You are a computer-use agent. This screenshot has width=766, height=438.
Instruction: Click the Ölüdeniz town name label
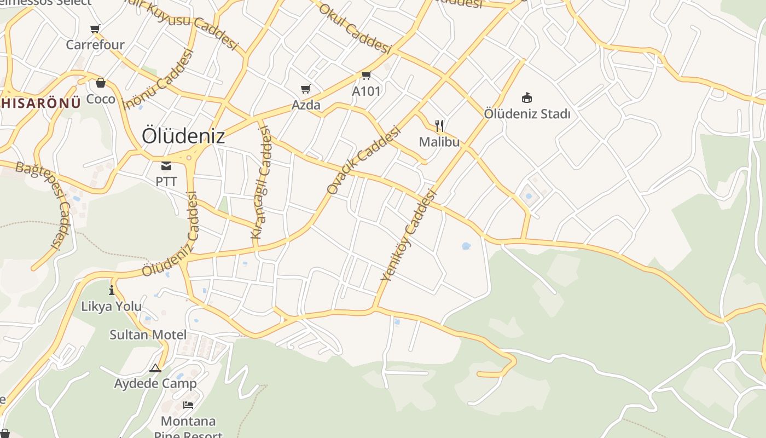183,136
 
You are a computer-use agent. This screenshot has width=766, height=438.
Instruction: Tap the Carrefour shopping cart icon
95,29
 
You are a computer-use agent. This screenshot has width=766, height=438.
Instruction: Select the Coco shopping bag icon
101,83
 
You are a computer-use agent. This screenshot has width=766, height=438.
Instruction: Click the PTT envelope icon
166,165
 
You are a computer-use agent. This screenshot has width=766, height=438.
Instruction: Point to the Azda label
306,105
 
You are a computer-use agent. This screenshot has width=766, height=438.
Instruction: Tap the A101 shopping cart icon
366,75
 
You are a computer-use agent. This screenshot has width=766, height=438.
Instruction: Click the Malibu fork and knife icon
439,126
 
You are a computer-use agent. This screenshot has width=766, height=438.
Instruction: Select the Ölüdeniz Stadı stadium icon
527,98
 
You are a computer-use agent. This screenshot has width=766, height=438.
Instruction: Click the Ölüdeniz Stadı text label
527,114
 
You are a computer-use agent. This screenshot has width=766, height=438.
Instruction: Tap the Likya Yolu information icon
112,290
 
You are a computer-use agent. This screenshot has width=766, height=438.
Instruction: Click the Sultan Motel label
148,335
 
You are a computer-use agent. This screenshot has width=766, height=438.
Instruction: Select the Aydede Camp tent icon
155,368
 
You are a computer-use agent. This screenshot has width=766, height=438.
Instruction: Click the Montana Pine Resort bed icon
188,405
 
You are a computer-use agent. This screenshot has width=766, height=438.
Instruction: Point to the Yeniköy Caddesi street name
409,235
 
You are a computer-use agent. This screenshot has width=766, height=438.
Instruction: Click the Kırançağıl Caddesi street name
261,183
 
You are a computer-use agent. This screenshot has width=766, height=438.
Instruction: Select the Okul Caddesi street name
355,29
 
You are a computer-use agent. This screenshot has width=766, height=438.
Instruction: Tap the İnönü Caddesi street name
159,80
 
